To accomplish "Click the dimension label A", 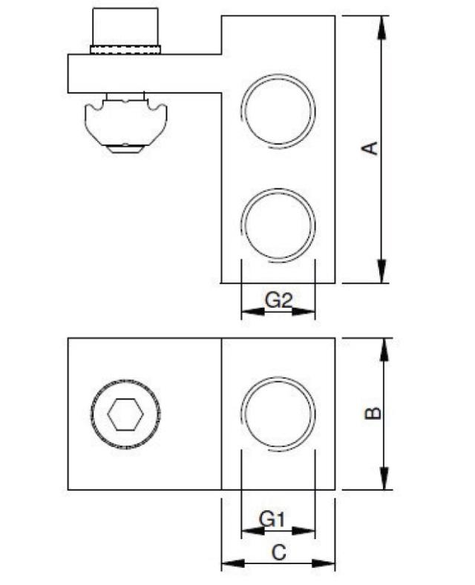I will pyautogui.click(x=370, y=148).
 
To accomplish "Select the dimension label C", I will pyautogui.click(x=278, y=552).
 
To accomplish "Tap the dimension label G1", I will pyautogui.click(x=272, y=520).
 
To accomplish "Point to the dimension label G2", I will pyautogui.click(x=279, y=300).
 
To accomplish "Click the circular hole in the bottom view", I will pyautogui.click(x=279, y=414).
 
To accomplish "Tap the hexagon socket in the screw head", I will pyautogui.click(x=125, y=414).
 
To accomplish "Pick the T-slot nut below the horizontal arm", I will pyautogui.click(x=125, y=125).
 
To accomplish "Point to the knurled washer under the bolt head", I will pyautogui.click(x=125, y=50).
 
